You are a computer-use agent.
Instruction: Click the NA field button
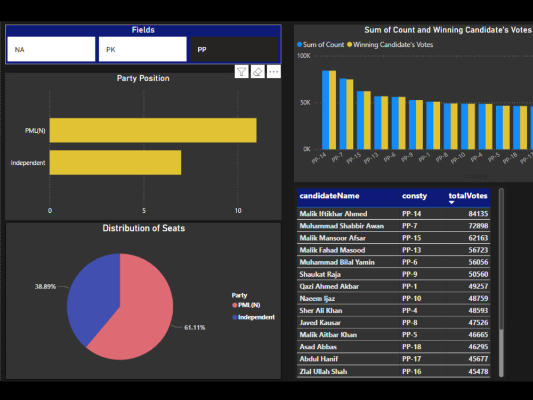[x=51, y=50]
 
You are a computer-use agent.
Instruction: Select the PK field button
[x=142, y=50]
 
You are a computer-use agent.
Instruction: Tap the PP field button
[x=234, y=50]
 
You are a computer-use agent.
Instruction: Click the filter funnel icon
[x=241, y=72]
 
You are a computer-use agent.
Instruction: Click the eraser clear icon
[x=258, y=72]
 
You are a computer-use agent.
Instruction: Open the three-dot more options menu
[x=274, y=72]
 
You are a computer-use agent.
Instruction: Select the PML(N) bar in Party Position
[x=153, y=131]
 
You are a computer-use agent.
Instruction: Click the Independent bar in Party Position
[x=115, y=163]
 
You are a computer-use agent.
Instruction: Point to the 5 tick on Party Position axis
[x=144, y=211]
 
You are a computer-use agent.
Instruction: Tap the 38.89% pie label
[x=45, y=286]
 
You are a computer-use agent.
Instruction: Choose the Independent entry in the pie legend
[x=256, y=317]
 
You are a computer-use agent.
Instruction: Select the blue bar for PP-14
[x=325, y=110]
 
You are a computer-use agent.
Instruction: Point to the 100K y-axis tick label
[x=303, y=55]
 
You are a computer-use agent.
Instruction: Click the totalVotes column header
[x=467, y=196]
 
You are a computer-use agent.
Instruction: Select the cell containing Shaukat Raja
[x=320, y=274]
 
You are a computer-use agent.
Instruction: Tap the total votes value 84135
[x=477, y=214]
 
